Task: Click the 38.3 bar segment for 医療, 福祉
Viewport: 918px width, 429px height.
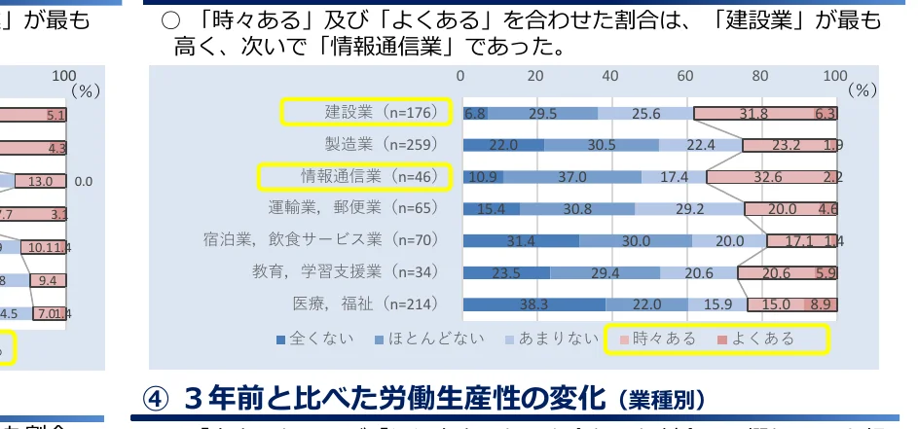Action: coord(533,304)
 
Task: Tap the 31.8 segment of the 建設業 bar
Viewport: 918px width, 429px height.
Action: coord(753,114)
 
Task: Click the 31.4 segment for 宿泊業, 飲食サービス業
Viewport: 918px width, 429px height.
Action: coord(522,241)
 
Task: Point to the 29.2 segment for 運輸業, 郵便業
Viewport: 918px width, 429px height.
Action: coord(689,209)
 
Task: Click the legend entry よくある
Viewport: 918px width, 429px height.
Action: coord(756,339)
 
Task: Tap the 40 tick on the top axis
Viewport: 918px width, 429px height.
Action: coord(610,76)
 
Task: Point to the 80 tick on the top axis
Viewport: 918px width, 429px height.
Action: coord(760,76)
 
